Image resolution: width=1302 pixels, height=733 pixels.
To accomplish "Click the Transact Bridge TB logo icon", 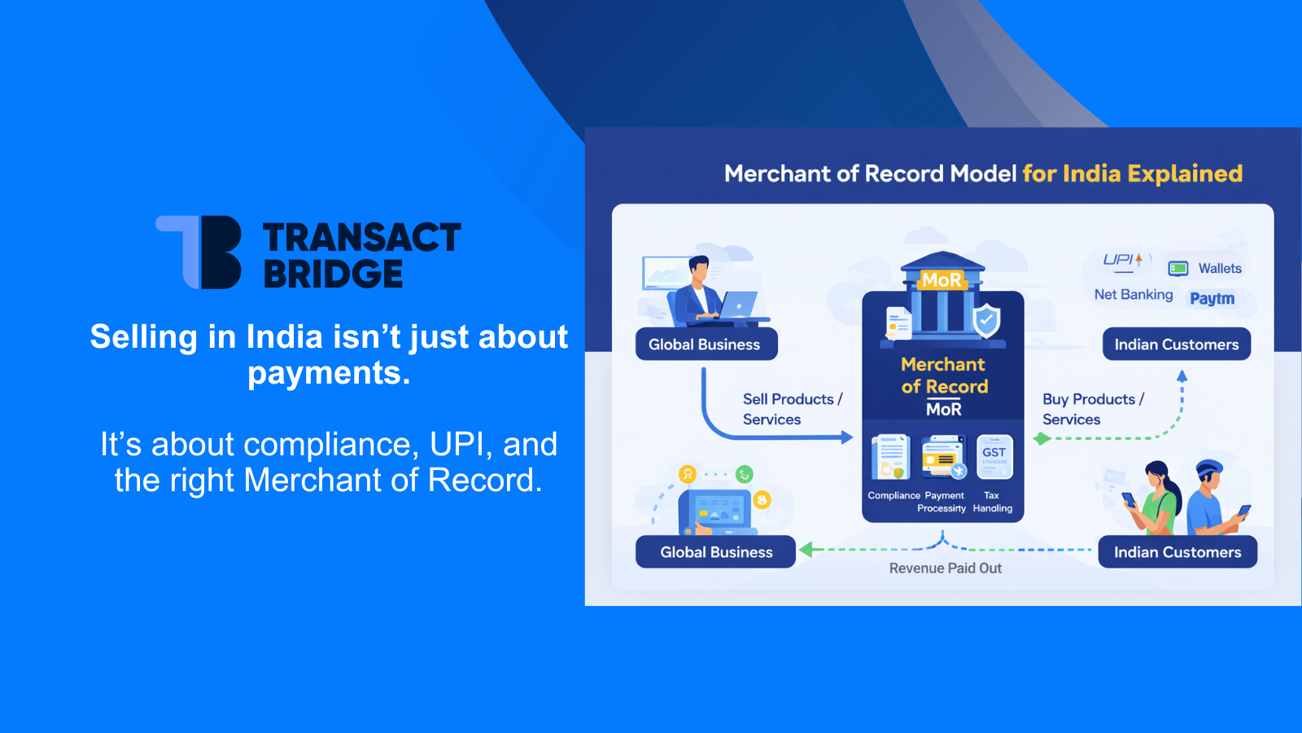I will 200,252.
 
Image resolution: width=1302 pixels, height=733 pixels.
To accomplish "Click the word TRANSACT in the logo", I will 361,238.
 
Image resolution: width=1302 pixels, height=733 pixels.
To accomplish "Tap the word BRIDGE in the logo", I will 333,274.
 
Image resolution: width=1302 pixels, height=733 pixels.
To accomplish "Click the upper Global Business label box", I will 706,345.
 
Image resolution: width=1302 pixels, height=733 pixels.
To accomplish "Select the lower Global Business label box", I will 715,552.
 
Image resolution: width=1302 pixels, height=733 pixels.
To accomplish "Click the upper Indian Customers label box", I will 1176,345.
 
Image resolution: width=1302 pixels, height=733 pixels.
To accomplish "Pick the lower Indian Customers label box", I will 1177,552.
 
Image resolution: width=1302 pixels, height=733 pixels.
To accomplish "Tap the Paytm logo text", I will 1212,299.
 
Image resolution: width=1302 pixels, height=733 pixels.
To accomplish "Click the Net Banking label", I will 1133,295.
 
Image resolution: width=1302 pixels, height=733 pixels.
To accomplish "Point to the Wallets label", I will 1219,269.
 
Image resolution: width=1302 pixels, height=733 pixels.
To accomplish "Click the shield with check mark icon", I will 986,321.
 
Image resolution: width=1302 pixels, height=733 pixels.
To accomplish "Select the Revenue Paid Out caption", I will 945,568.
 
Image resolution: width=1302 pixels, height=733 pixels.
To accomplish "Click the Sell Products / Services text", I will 791,409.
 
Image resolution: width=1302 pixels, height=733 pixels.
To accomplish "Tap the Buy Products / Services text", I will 1092,409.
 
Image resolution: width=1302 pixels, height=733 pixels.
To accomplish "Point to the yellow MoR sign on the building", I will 942,280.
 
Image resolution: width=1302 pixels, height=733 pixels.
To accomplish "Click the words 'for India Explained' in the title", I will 1132,173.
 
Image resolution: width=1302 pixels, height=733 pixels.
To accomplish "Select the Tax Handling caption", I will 992,502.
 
